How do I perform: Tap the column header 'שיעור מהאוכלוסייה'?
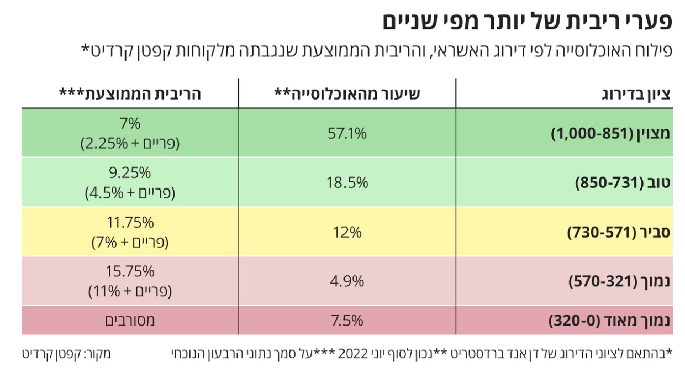click(x=347, y=94)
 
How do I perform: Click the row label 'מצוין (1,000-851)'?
click(x=611, y=134)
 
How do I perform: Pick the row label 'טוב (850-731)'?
click(x=623, y=183)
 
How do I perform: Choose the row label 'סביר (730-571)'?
click(x=619, y=233)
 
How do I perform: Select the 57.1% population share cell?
click(x=347, y=133)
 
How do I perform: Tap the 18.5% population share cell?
click(x=347, y=183)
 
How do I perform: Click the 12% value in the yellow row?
click(x=347, y=232)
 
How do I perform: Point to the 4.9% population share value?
click(x=347, y=281)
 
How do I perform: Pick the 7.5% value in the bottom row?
click(x=347, y=321)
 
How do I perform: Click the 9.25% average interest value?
click(x=130, y=174)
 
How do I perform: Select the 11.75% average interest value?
click(x=130, y=223)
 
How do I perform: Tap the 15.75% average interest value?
click(x=130, y=272)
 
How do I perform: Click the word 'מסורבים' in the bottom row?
click(x=130, y=321)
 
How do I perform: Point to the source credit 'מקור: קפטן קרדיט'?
click(x=66, y=354)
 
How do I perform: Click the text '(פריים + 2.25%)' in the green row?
click(x=130, y=144)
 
